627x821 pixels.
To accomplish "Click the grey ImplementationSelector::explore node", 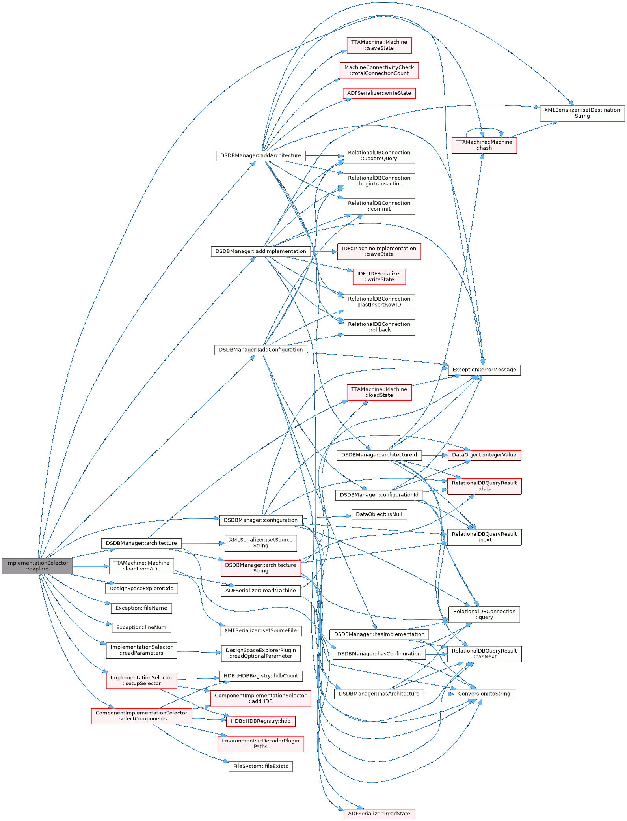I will (37, 566).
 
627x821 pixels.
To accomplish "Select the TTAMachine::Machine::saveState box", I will (379, 45).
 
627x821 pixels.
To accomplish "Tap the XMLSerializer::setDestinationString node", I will (582, 113).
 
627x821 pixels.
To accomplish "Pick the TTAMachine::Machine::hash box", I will (484, 145).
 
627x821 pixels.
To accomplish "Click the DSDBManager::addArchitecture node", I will (260, 156).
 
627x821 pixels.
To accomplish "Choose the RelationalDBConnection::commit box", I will (379, 206).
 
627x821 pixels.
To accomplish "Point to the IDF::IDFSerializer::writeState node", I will (379, 277).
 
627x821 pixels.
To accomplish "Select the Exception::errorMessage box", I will (484, 370).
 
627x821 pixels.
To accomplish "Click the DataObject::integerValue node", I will (484, 455).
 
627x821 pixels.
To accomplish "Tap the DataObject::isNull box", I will (379, 514).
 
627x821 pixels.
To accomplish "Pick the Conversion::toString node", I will (484, 694).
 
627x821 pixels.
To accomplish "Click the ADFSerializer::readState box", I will (379, 814).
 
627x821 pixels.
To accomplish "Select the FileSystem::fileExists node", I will (260, 766).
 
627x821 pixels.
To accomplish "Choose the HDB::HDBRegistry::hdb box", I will (260, 721).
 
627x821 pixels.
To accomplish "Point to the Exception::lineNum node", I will (141, 627).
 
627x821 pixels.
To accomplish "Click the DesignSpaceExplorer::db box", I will (141, 589).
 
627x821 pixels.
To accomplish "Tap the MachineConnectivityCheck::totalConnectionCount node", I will (379, 71).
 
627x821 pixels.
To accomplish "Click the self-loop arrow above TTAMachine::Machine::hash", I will (484, 129).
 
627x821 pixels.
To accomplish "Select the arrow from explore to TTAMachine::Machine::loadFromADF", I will (91, 566).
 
